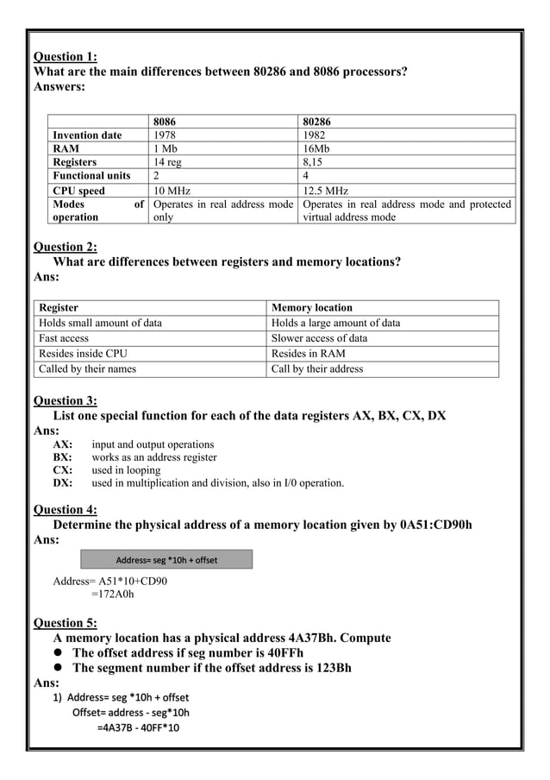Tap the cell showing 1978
tap(166, 135)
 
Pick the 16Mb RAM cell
tap(317, 148)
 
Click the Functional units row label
tap(91, 175)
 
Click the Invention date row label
tap(87, 135)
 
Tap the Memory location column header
tap(312, 307)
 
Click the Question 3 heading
tap(65, 399)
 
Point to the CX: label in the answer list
tap(62, 469)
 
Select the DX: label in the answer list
tap(62, 482)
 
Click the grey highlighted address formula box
tap(166, 560)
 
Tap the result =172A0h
tap(112, 594)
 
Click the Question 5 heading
tap(65, 622)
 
